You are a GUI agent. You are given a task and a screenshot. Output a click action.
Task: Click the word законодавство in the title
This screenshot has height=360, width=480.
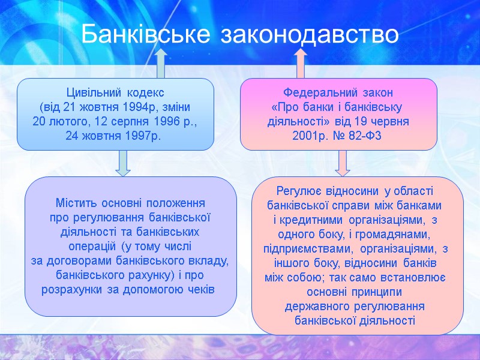click(x=310, y=34)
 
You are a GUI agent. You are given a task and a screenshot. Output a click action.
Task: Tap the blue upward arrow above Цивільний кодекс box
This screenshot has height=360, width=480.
click(x=160, y=64)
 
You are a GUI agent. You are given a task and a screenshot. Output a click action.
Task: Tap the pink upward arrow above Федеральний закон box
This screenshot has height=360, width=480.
click(x=300, y=64)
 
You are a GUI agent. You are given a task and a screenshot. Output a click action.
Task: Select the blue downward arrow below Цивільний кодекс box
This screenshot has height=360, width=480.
click(x=123, y=163)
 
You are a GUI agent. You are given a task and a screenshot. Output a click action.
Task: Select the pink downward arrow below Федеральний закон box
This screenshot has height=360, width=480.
click(x=343, y=163)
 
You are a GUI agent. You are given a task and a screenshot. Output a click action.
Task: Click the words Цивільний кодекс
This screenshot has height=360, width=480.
click(x=115, y=94)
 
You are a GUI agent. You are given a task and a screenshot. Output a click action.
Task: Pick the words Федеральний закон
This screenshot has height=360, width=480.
click(x=338, y=94)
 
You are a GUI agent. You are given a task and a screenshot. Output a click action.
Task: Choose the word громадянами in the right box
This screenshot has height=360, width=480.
click(x=396, y=233)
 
